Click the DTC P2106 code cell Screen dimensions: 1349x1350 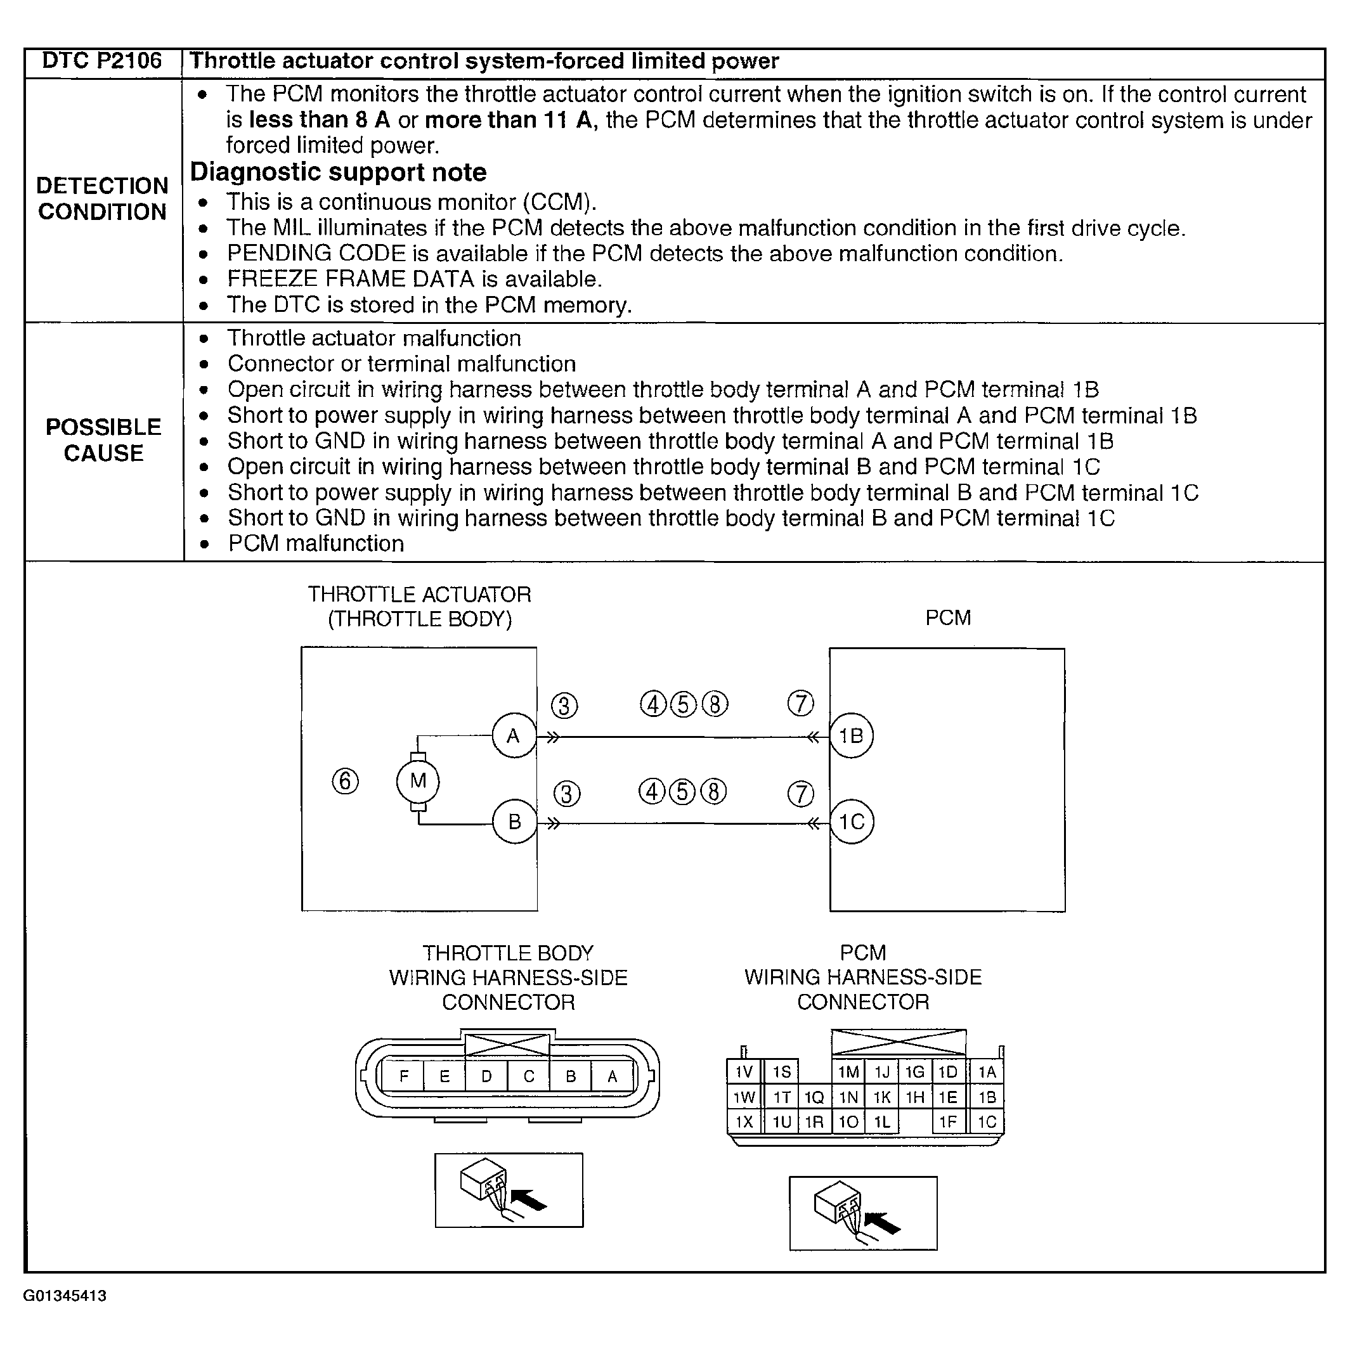pyautogui.click(x=102, y=61)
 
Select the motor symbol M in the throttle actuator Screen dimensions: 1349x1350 pyautogui.click(x=418, y=781)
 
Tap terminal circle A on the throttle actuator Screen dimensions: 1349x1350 pyautogui.click(x=514, y=735)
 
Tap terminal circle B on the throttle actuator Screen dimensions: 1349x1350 pyautogui.click(x=514, y=822)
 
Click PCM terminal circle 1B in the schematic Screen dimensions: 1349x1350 pyautogui.click(x=851, y=735)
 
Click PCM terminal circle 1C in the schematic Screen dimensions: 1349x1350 pyautogui.click(x=852, y=822)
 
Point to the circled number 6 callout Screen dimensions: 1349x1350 pyautogui.click(x=345, y=781)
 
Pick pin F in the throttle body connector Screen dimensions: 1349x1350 pyautogui.click(x=403, y=1076)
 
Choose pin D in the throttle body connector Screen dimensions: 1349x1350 pyautogui.click(x=486, y=1076)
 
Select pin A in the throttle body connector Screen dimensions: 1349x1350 pyautogui.click(x=612, y=1076)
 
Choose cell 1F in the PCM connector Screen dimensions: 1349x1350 pyautogui.click(x=947, y=1123)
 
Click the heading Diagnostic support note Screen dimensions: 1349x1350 pyautogui.click(x=338, y=172)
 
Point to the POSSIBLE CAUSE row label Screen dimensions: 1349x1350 pyautogui.click(x=103, y=440)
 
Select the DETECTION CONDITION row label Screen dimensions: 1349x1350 pyautogui.click(x=103, y=199)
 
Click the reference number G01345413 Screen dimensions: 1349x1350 pyautogui.click(x=65, y=1296)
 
